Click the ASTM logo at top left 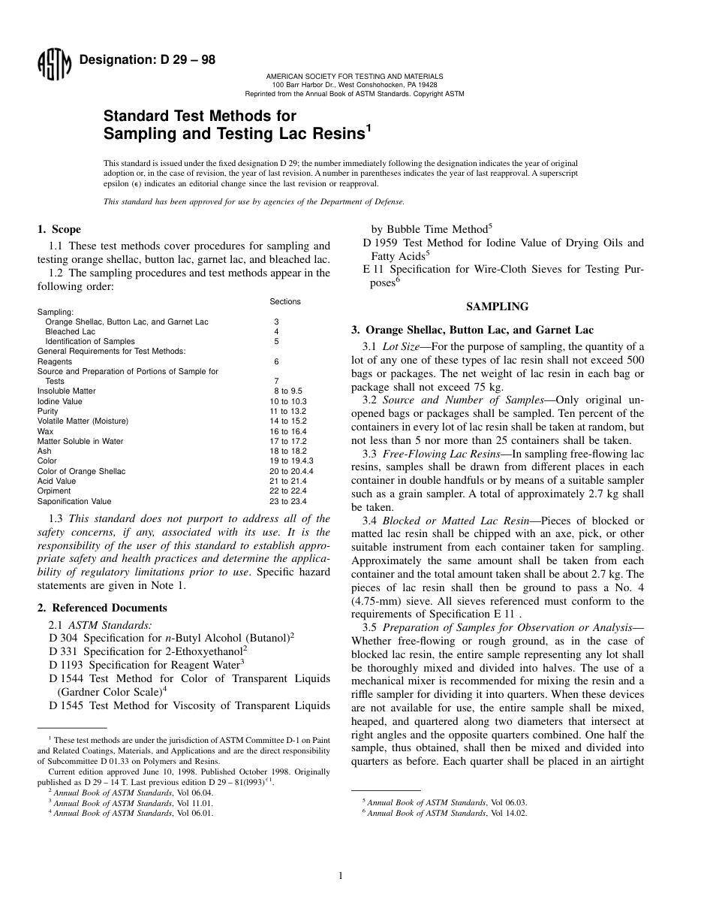[53, 65]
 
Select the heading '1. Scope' [59, 229]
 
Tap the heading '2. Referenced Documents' [102, 608]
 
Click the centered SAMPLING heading [497, 306]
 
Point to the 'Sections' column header [285, 301]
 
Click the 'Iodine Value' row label [60, 401]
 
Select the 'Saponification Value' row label [74, 501]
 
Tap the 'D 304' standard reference [63, 637]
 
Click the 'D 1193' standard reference [66, 664]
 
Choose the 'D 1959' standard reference [381, 242]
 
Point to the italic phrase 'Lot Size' [400, 346]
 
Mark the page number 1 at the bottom [341, 875]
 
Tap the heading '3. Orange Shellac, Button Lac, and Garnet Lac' [472, 329]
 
